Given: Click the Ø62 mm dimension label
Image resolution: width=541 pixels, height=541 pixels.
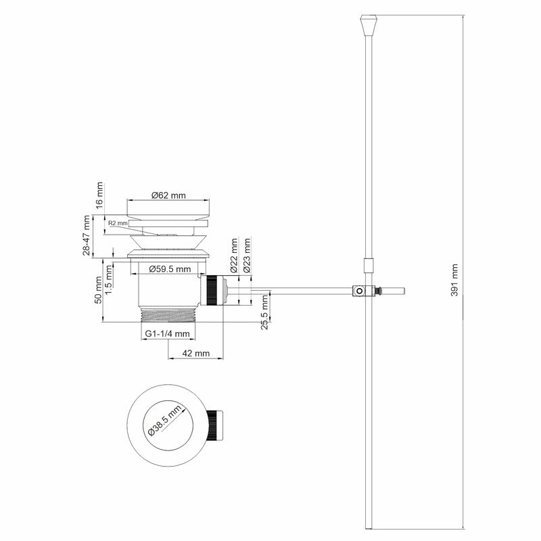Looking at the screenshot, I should (168, 195).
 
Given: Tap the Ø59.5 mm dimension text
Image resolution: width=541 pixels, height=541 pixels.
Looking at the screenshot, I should (168, 269).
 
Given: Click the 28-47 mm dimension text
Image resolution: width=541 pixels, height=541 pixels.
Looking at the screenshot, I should (87, 235).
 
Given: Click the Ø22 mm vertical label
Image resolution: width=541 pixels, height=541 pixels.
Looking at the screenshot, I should (234, 256).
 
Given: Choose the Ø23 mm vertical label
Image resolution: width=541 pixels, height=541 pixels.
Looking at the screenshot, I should (247, 256).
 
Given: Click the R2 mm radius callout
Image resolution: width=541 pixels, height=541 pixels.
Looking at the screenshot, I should (118, 222).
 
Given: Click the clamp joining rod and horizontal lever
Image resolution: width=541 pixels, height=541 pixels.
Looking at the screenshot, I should (366, 291).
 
